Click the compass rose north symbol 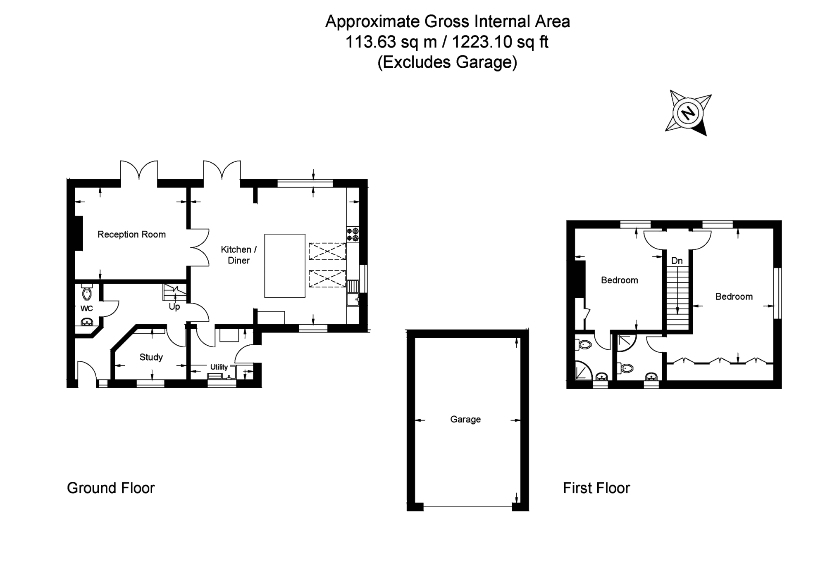coord(688,112)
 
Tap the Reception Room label coord(131,235)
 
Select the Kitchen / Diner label coord(239,255)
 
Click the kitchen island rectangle coord(285,266)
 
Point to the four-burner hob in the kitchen coord(353,235)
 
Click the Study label coord(151,357)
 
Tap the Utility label coord(219,367)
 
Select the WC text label coord(86,308)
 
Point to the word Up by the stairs coord(174,307)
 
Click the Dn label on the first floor coord(677,261)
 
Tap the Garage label coord(465,420)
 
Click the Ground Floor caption coord(111,488)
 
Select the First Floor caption coord(596,488)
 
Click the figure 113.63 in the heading coord(371,42)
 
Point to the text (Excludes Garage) coord(447,62)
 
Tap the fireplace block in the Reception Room coord(79,233)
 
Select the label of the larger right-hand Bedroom coord(734,297)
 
